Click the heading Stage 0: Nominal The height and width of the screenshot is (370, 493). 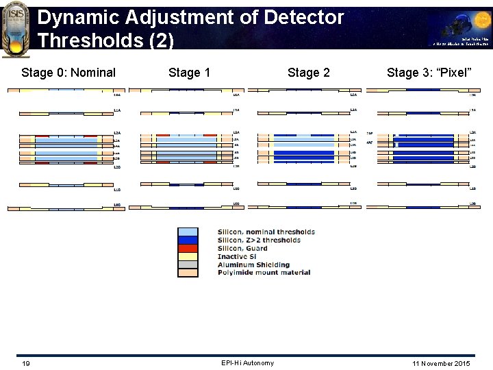[68, 73]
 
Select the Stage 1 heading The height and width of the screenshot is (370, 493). [190, 73]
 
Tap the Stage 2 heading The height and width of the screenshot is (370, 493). [308, 73]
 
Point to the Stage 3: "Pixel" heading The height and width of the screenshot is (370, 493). [429, 73]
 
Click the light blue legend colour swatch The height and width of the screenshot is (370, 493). [188, 232]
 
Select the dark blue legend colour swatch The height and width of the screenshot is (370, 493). [188, 241]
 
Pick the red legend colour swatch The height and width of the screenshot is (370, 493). [188, 249]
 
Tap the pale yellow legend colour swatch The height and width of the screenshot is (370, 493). [188, 257]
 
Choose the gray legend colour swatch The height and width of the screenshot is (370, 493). [188, 265]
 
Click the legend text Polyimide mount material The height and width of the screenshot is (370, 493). [264, 273]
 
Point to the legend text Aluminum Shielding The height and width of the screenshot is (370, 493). [253, 264]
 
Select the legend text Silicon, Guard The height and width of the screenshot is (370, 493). [242, 248]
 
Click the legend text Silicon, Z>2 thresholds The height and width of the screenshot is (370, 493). [259, 240]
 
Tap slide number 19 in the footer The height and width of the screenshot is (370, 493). [25, 363]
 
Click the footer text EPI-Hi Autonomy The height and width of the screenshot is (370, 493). [247, 363]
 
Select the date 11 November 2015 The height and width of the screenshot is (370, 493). [442, 363]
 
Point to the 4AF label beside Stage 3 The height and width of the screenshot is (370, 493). [370, 143]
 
